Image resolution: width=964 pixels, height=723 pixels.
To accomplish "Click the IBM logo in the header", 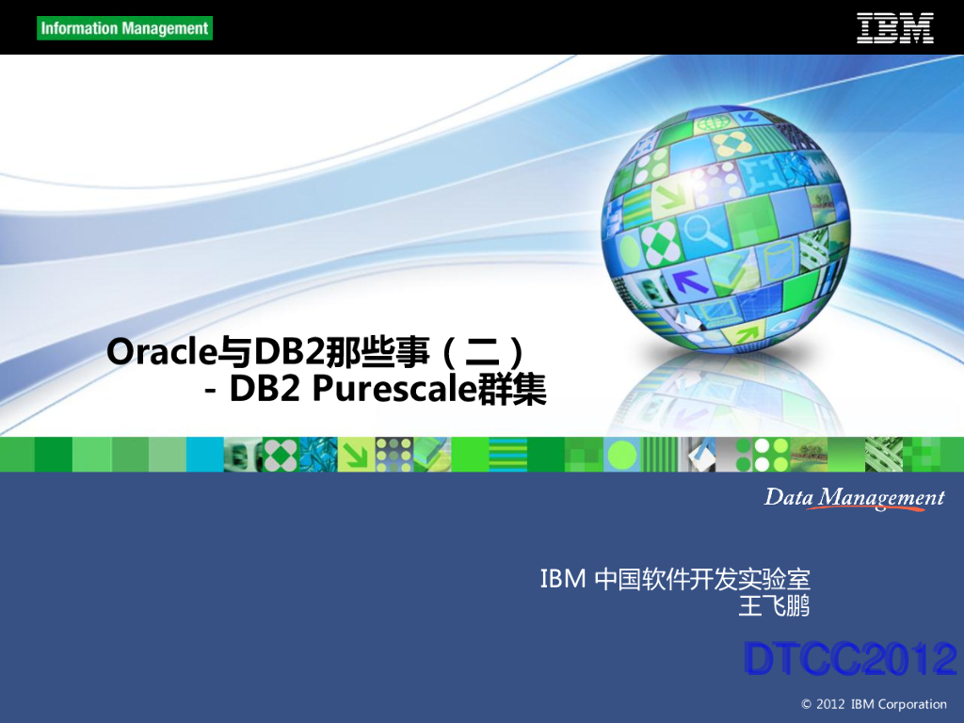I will (894, 27).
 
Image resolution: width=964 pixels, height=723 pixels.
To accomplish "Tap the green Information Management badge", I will (125, 28).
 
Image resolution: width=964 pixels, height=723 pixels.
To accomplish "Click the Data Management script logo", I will (854, 498).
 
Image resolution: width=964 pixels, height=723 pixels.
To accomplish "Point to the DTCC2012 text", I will (850, 659).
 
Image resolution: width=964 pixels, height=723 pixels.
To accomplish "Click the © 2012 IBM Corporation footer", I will (874, 704).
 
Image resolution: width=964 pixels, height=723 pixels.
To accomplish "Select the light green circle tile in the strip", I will (622, 455).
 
